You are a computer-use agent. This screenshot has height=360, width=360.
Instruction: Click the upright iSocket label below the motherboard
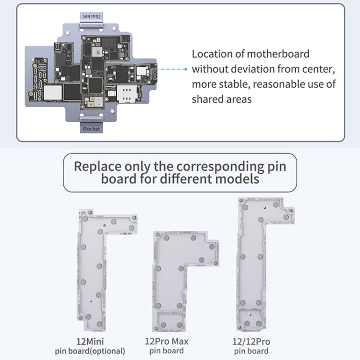click(x=91, y=129)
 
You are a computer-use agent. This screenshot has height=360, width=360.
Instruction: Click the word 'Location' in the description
click(x=211, y=54)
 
